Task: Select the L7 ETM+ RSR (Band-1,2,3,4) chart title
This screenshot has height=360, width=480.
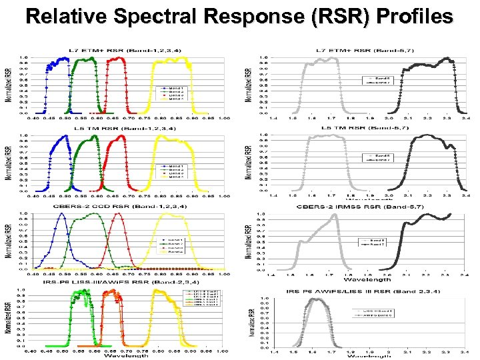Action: (127, 51)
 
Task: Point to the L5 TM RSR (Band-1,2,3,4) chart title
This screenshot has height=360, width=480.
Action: (127, 128)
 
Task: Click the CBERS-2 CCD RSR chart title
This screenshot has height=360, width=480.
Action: (127, 206)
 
